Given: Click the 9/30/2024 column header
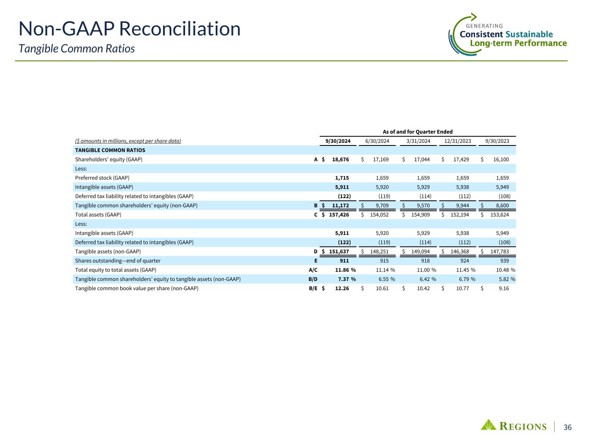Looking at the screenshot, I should tap(337, 141).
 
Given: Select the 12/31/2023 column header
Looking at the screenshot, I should tap(457, 141).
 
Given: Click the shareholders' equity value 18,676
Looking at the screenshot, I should tap(340, 160).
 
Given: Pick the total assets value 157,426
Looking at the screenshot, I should tap(339, 215).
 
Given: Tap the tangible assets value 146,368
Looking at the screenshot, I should tap(459, 252).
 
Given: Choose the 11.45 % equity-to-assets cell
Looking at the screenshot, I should tap(461, 270).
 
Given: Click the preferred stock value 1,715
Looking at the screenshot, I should tap(342, 178).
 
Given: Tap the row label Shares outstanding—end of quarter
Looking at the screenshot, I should tap(118, 261).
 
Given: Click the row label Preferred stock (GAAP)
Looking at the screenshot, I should tap(102, 178).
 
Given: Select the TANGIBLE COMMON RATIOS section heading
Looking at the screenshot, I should tap(110, 151).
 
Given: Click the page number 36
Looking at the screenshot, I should tap(567, 427).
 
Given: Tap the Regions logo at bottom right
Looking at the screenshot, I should tap(513, 426).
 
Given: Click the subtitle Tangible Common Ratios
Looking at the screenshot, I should tap(77, 49).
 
